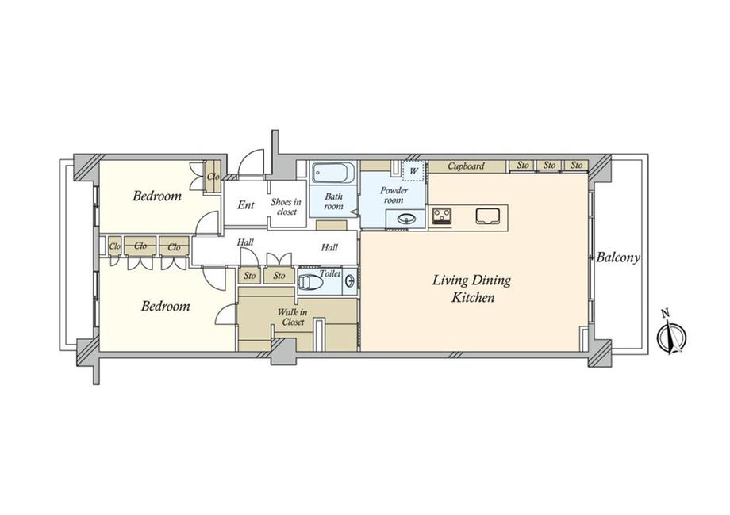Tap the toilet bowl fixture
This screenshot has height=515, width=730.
311,282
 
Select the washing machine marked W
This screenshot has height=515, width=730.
413,170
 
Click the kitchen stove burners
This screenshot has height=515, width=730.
441,216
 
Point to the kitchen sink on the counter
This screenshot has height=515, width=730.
487,216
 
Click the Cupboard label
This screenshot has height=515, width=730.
466,166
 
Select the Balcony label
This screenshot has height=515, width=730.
618,257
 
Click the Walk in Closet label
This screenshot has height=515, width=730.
292,317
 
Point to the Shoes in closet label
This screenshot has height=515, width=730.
286,207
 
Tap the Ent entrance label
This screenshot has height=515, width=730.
246,204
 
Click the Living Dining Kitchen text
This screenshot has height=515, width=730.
472,288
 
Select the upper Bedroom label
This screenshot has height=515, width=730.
157,196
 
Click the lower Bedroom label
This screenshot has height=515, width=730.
165,306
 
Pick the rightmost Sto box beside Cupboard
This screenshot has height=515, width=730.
576,166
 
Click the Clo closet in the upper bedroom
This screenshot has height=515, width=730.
213,176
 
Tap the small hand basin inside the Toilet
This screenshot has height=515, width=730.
350,280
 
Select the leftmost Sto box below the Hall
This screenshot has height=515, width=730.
250,276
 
